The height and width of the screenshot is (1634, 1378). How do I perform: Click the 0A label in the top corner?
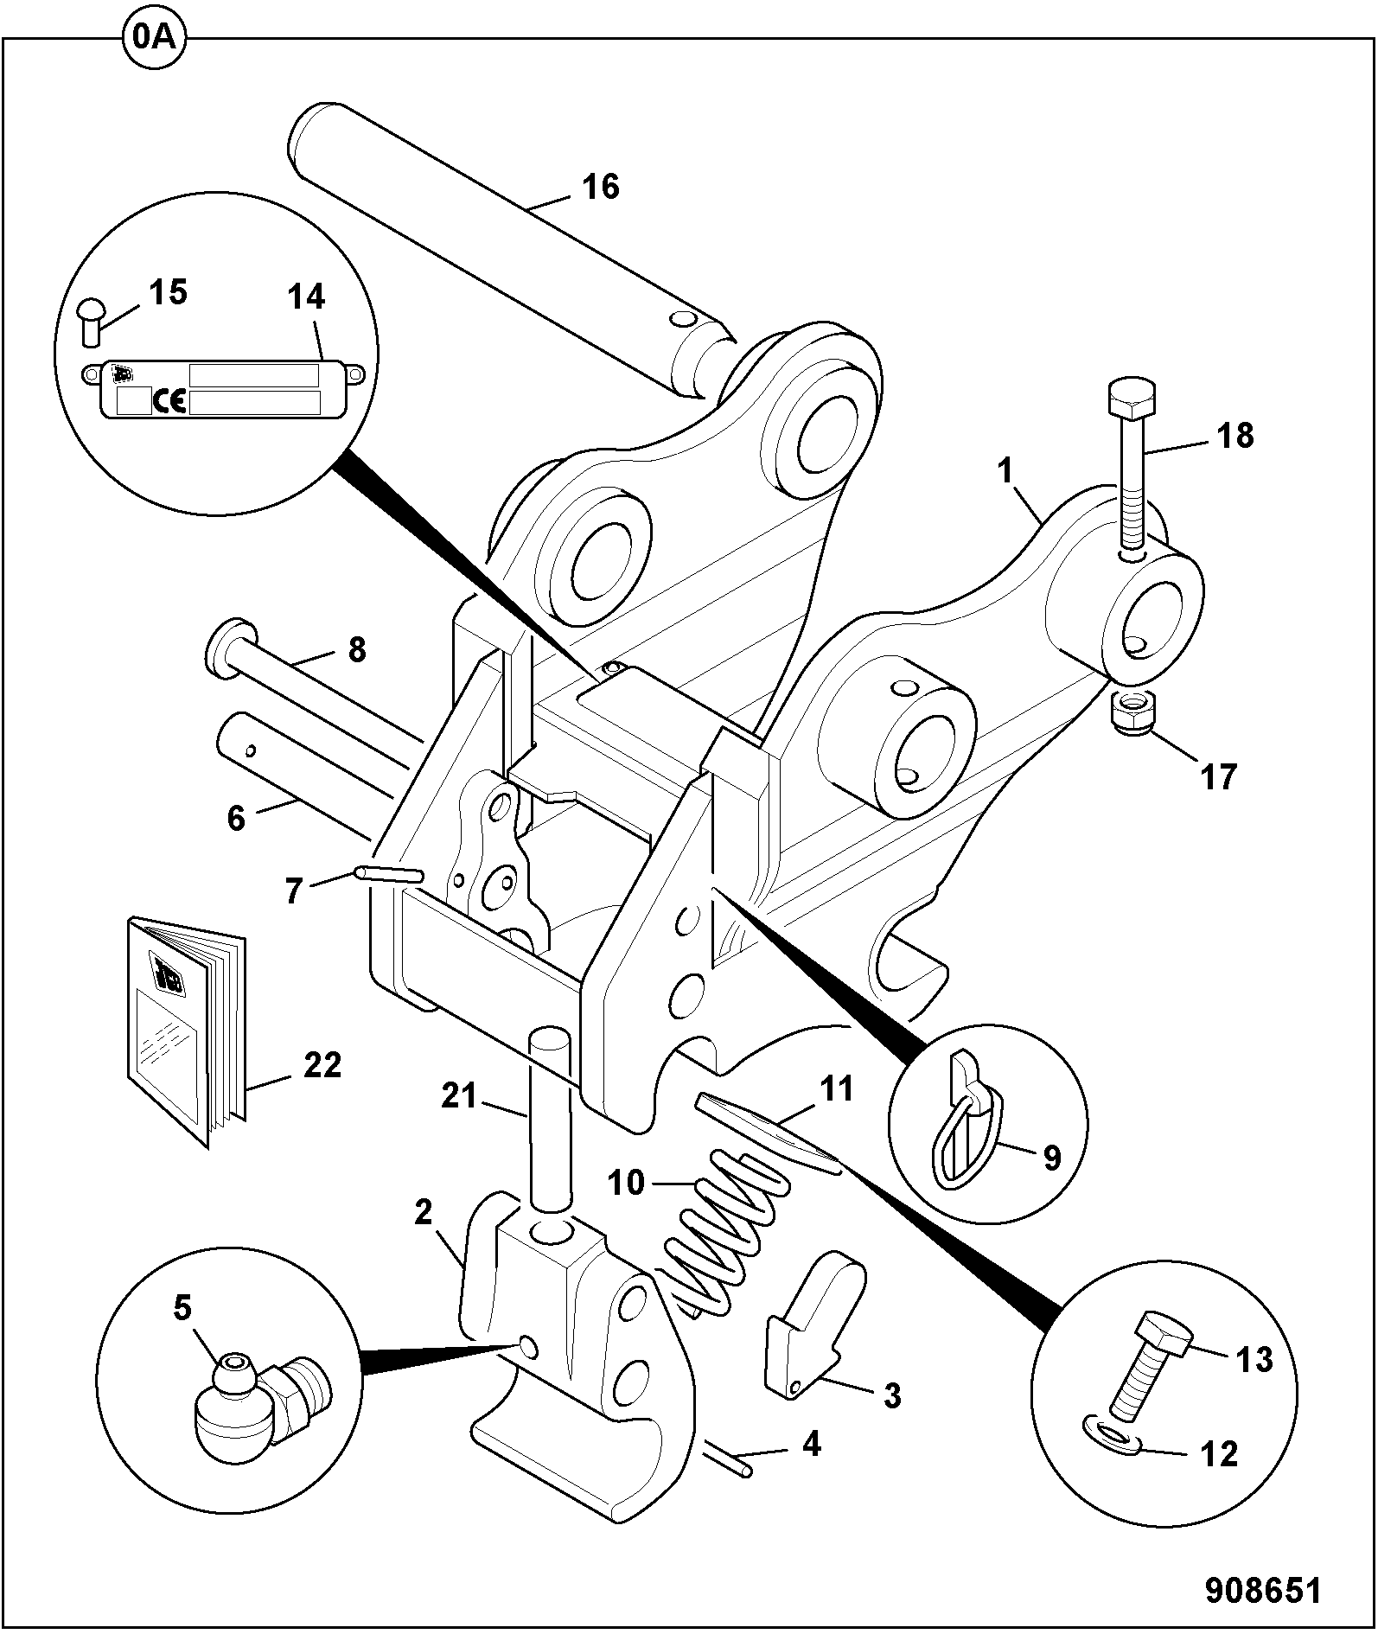[155, 39]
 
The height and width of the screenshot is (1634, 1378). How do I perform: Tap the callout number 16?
[601, 187]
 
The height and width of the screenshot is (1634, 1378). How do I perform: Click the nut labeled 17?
[1130, 714]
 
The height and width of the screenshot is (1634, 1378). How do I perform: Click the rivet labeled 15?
[90, 321]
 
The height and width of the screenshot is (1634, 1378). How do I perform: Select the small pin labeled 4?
[729, 1460]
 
